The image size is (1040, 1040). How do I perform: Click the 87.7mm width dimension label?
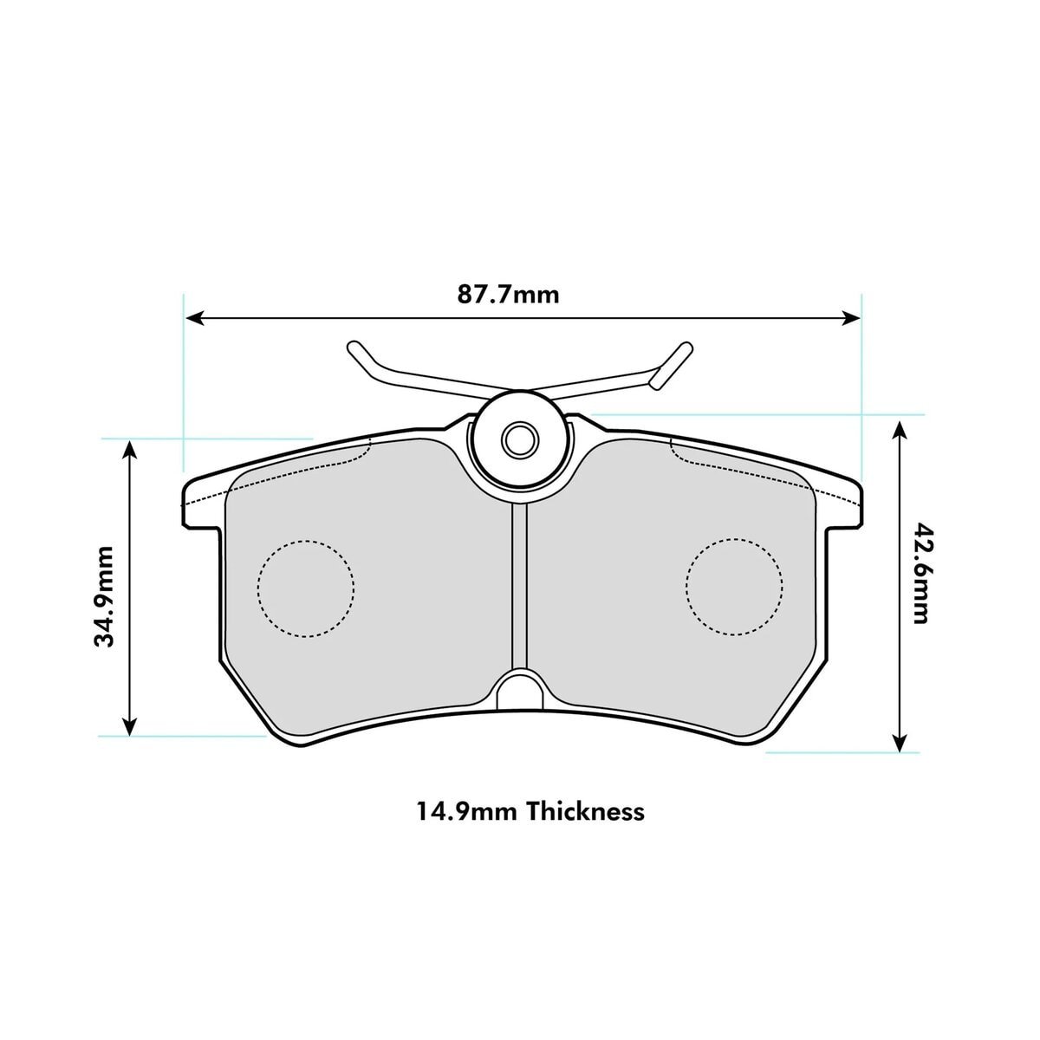click(x=508, y=295)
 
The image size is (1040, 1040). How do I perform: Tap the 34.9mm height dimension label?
click(x=104, y=596)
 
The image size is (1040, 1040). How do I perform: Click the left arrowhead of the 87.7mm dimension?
click(x=194, y=318)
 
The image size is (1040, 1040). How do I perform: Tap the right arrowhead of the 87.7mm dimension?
click(x=851, y=318)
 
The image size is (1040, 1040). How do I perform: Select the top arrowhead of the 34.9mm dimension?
click(x=130, y=449)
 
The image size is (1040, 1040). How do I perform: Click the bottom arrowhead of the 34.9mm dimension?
click(x=130, y=726)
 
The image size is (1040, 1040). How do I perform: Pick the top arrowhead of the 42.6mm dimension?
click(x=899, y=432)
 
